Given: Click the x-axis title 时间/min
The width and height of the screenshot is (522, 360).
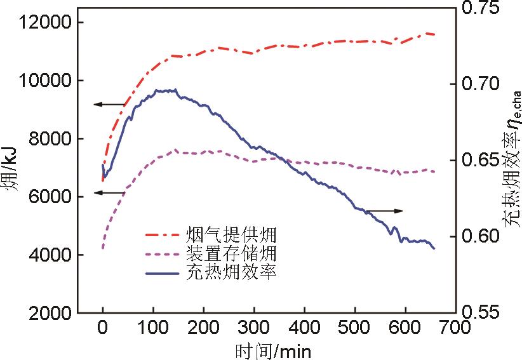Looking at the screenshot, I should click(273, 350).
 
